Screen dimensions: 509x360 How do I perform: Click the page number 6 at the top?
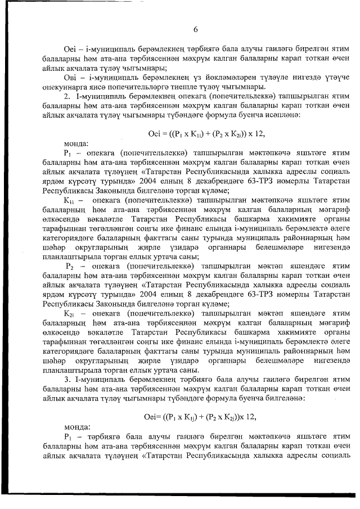point(195,29)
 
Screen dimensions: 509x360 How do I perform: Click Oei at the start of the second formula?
point(152,416)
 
